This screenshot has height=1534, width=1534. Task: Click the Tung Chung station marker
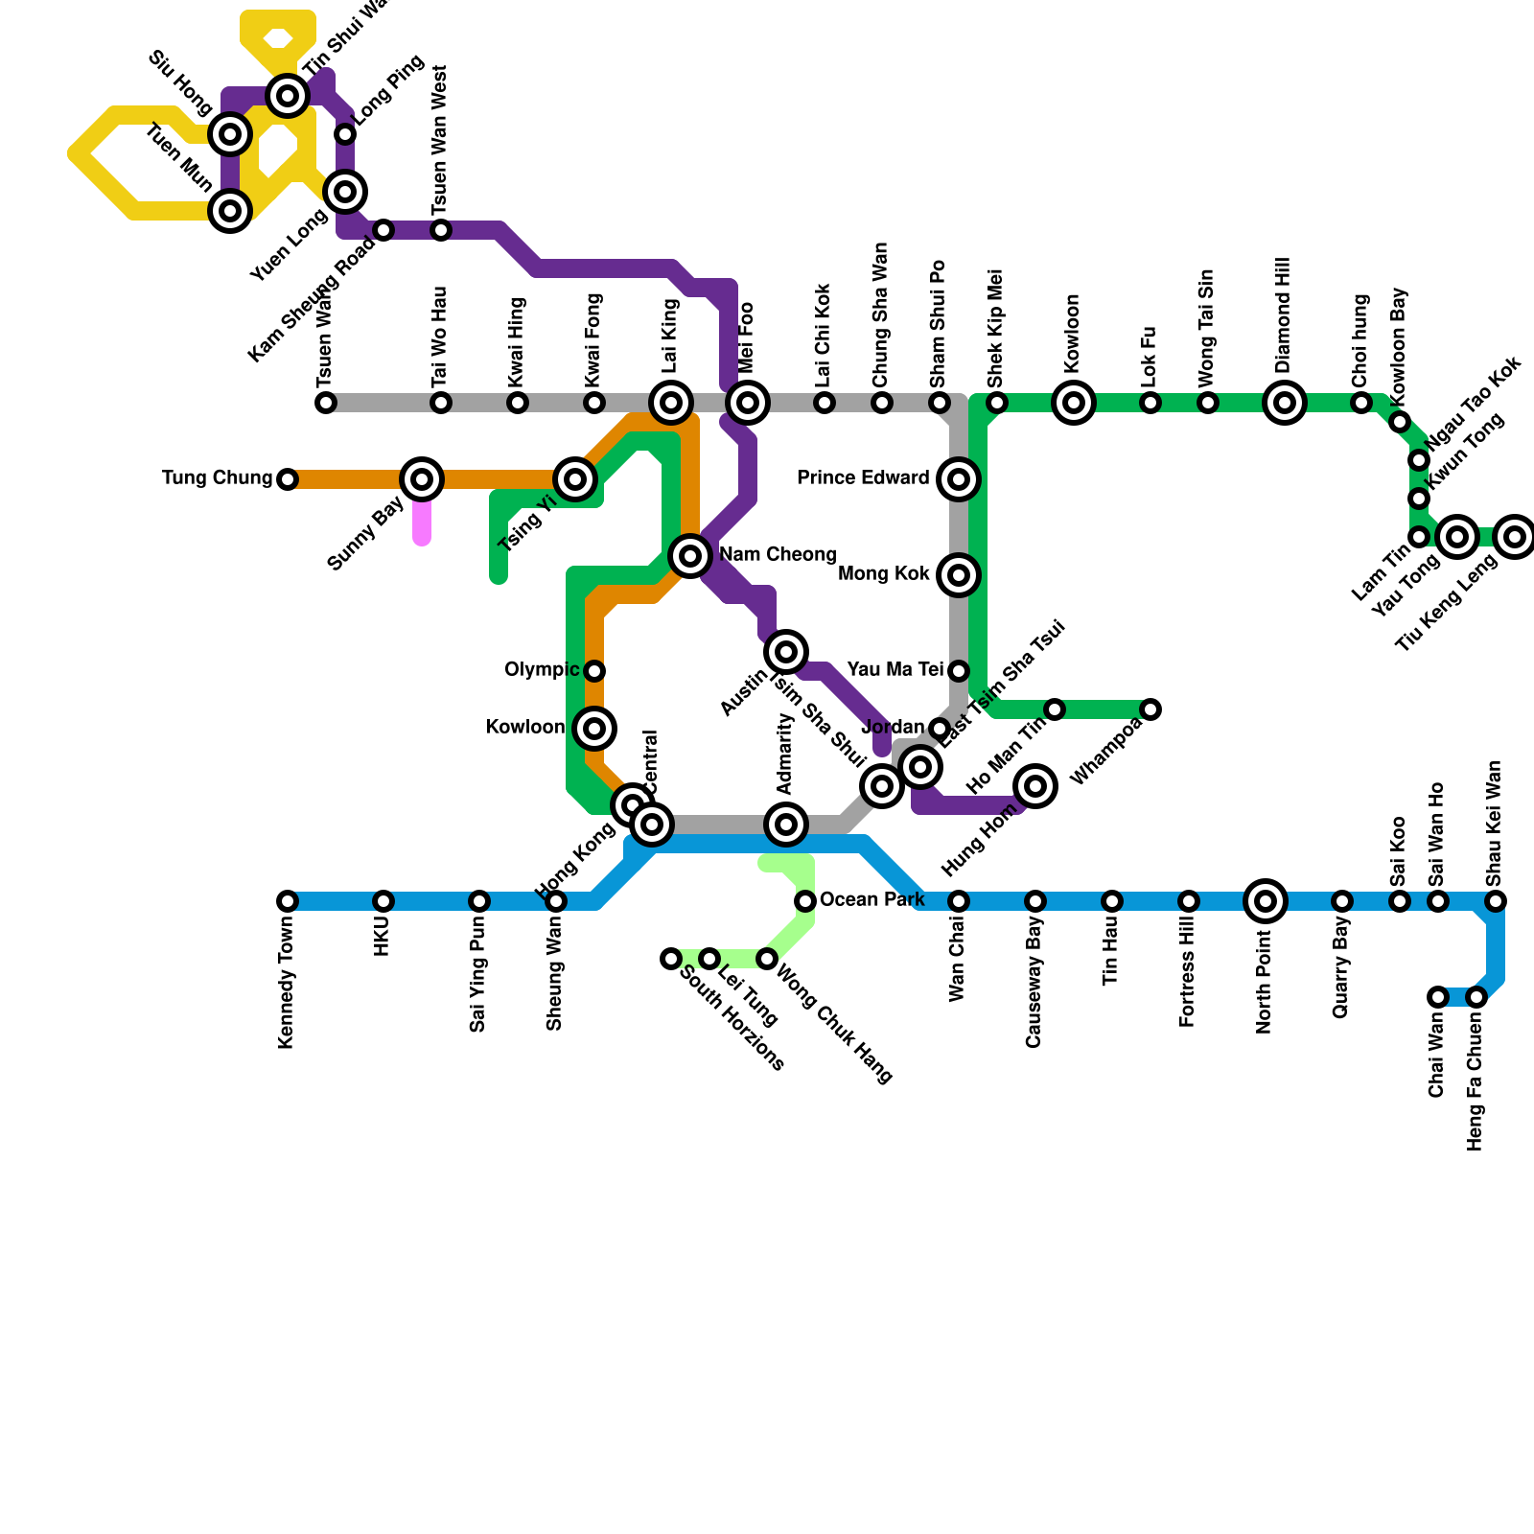(288, 478)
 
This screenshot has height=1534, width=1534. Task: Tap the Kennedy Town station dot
(288, 901)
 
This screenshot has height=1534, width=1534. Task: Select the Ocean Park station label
(872, 899)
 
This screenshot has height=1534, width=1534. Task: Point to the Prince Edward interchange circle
(959, 478)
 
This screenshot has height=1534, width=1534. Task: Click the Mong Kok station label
(883, 574)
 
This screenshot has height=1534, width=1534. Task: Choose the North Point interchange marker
(1266, 900)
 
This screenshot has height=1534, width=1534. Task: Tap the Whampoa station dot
(1150, 709)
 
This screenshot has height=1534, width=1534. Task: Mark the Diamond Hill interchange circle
(1285, 403)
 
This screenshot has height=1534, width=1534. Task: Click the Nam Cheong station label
(778, 555)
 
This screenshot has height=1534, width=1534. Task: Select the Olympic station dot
(594, 670)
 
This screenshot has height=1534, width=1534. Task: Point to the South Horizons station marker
(671, 959)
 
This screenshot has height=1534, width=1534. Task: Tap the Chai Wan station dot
(1437, 997)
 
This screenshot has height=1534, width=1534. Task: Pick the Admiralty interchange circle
(786, 824)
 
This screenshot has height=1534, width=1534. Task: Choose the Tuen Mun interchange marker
(230, 210)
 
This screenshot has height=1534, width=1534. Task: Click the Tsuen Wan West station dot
(441, 230)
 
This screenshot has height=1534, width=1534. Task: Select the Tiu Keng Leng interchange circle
(1515, 537)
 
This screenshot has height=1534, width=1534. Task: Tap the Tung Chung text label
(218, 478)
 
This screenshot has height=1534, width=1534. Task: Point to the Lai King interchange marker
(671, 403)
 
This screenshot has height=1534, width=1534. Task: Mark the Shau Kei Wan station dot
(1496, 901)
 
